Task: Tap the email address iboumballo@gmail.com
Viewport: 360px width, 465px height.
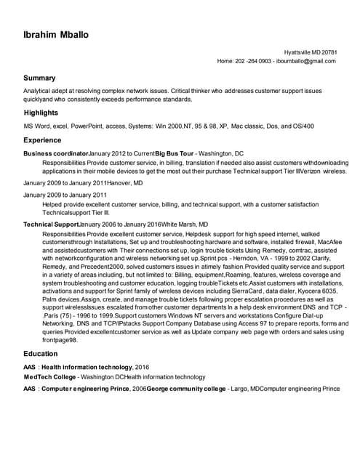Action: coord(306,62)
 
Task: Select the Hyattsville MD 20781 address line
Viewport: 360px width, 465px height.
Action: coord(310,52)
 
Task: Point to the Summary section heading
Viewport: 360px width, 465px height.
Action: coord(39,78)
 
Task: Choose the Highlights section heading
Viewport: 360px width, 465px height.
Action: coord(41,113)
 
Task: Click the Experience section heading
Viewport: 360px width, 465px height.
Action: coord(42,139)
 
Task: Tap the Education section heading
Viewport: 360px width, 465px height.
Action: coord(41,354)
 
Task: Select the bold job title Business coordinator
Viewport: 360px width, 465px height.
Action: coord(56,154)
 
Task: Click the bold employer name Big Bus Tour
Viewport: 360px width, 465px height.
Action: coord(173,154)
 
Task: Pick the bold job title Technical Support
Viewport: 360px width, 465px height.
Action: coord(51,225)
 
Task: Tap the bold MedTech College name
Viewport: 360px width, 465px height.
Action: coord(49,377)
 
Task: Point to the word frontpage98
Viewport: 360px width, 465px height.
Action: coord(60,340)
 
